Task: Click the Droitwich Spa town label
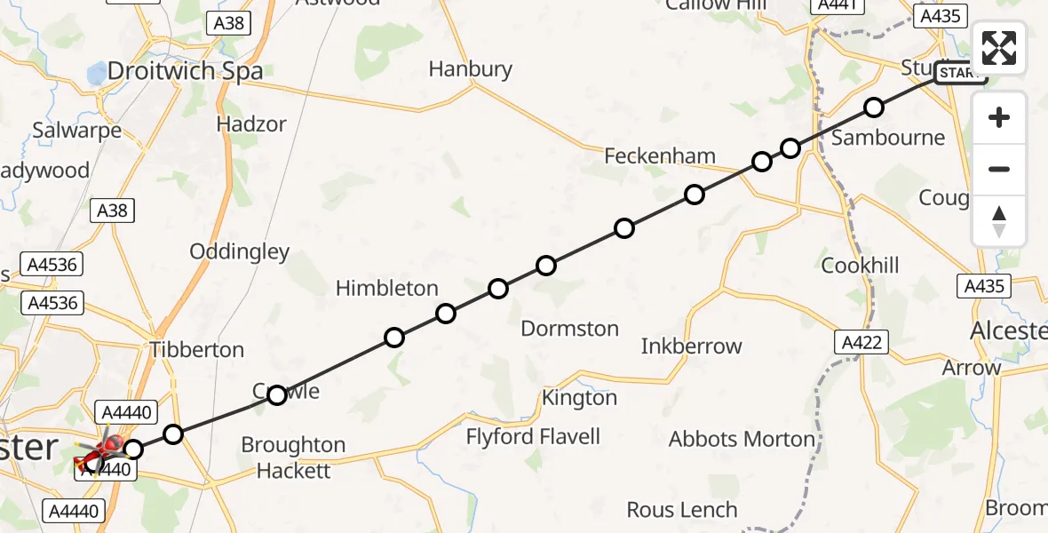pyautogui.click(x=185, y=71)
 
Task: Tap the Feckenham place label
pyautogui.click(x=659, y=156)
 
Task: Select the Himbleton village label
pyautogui.click(x=386, y=288)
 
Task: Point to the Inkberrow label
pyautogui.click(x=691, y=346)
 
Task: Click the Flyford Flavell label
pyautogui.click(x=533, y=436)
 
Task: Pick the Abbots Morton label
pyautogui.click(x=742, y=439)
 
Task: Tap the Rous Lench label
pyautogui.click(x=682, y=510)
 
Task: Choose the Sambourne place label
pyautogui.click(x=888, y=138)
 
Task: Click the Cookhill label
pyautogui.click(x=860, y=266)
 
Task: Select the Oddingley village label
pyautogui.click(x=240, y=251)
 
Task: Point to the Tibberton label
pyautogui.click(x=197, y=349)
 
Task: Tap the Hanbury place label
pyautogui.click(x=471, y=69)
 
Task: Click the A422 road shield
pyautogui.click(x=861, y=341)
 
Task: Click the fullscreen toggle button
pyautogui.click(x=999, y=48)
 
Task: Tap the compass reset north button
pyautogui.click(x=999, y=221)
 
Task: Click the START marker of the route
pyautogui.click(x=960, y=74)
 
